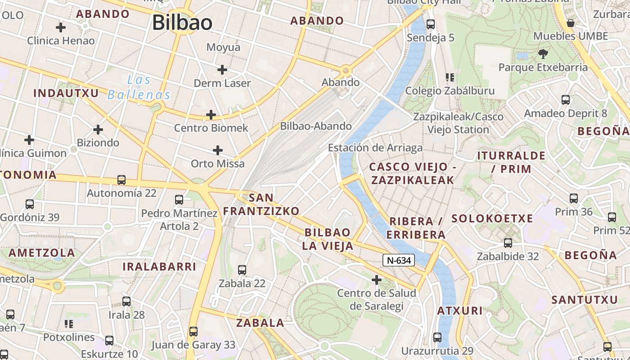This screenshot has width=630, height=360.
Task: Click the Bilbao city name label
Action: (x=182, y=22)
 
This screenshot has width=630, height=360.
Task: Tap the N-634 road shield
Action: (x=399, y=260)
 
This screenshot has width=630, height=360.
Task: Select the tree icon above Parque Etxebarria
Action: (x=543, y=54)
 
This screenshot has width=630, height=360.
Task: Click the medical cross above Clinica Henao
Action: (x=61, y=27)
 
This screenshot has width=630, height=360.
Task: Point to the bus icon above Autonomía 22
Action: (x=121, y=180)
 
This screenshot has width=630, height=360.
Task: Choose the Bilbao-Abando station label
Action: (x=316, y=126)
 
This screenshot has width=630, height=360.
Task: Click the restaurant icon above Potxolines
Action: (x=69, y=324)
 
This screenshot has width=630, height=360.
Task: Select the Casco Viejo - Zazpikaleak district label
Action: (x=412, y=174)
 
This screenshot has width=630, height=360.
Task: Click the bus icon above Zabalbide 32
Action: (x=508, y=243)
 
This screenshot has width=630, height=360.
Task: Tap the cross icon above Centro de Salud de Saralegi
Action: (x=377, y=280)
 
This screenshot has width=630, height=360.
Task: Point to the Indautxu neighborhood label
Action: (x=66, y=93)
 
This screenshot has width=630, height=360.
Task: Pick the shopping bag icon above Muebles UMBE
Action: (x=571, y=23)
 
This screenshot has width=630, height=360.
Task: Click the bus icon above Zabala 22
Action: (x=242, y=270)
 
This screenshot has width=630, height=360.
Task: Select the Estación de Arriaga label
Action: (x=375, y=148)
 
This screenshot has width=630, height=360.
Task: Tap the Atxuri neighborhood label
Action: (x=460, y=310)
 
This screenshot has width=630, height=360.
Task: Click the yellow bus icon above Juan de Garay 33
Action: (x=193, y=332)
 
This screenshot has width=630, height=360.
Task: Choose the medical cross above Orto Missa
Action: (x=218, y=150)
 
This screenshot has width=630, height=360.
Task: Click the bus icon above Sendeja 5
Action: (x=431, y=24)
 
